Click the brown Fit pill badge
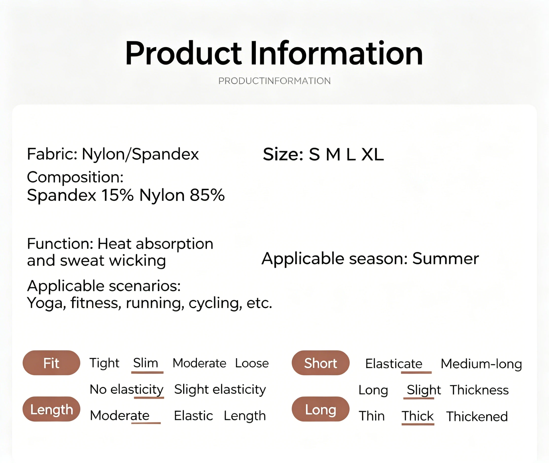[x=51, y=363]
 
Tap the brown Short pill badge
[x=320, y=363]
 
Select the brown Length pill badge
[x=51, y=409]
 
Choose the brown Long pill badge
[x=320, y=409]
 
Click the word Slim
[x=146, y=363]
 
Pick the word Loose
[x=252, y=363]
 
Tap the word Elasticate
[x=394, y=364]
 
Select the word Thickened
[x=477, y=416]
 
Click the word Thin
[x=372, y=416]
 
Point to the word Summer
[x=445, y=258]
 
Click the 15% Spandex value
[x=118, y=195]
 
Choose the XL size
[x=373, y=154]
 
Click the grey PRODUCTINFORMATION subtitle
[x=274, y=81]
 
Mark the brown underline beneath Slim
[x=147, y=372]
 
